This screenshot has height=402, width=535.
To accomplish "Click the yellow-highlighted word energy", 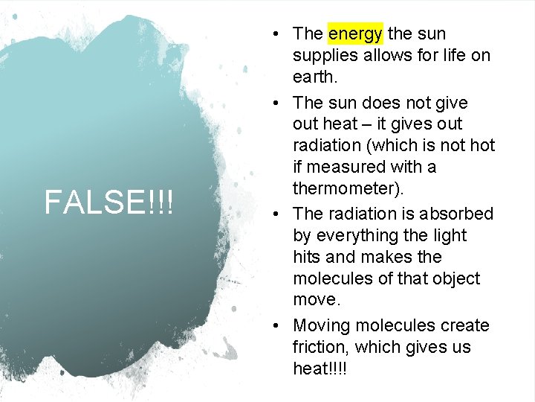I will point(355,33).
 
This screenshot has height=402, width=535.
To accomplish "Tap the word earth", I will point(315,77).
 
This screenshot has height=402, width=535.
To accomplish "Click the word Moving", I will point(322,325).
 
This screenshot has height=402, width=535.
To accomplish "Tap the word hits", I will point(308,258).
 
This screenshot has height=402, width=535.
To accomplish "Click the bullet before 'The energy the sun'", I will point(276,33).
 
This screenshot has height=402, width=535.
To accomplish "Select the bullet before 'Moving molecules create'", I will point(276,325).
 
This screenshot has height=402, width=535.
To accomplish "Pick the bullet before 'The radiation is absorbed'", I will point(276,214).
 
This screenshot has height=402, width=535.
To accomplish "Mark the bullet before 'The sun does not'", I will point(276,102).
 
